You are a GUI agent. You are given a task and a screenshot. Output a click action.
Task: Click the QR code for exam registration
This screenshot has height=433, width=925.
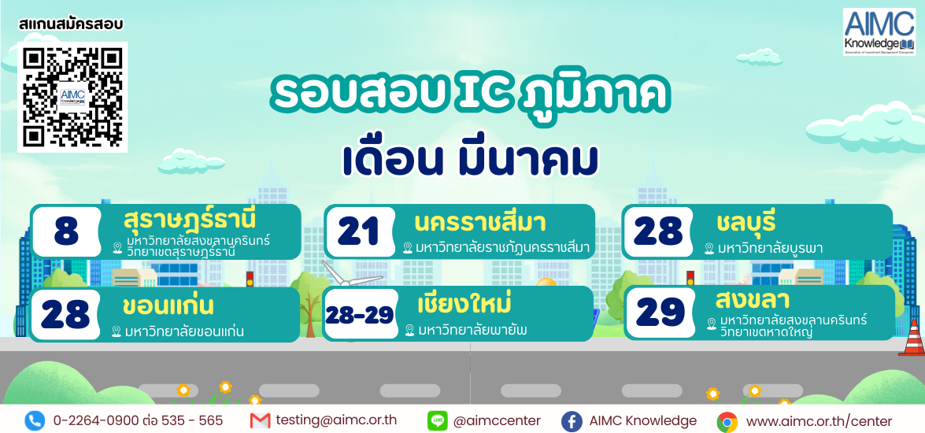(72, 98)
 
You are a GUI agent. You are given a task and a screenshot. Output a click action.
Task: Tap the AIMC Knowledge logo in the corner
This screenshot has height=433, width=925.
(879, 31)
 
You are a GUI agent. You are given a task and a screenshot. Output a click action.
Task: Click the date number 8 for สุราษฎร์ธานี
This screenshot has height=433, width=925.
(66, 232)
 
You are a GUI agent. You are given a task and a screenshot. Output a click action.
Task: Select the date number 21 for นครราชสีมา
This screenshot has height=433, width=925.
(359, 232)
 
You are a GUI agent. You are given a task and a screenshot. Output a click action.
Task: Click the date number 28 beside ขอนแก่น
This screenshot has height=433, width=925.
(65, 314)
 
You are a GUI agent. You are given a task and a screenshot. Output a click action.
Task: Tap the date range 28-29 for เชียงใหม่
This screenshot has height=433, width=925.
(359, 316)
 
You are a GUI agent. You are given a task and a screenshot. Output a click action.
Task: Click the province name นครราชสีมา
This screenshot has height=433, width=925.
(479, 223)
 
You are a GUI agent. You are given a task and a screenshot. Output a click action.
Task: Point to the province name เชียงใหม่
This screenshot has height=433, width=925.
(464, 304)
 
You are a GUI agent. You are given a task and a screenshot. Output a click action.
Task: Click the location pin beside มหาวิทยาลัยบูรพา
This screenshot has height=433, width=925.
(709, 249)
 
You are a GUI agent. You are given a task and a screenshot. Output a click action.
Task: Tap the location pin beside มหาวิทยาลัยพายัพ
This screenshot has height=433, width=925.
(410, 331)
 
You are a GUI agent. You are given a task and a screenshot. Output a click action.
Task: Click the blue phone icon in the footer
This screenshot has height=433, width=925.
(35, 420)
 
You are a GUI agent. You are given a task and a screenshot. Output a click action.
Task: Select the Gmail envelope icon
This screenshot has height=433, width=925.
(260, 420)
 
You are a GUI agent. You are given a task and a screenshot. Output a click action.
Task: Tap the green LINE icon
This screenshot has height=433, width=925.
(437, 420)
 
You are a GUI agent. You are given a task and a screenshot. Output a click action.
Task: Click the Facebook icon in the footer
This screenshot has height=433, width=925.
(571, 421)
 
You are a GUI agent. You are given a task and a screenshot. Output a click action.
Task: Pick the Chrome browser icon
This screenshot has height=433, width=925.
(727, 423)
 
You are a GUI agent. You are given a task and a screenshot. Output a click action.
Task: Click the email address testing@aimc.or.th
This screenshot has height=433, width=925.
(336, 420)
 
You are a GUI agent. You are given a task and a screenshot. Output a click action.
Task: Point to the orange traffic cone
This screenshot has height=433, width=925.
(912, 339)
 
